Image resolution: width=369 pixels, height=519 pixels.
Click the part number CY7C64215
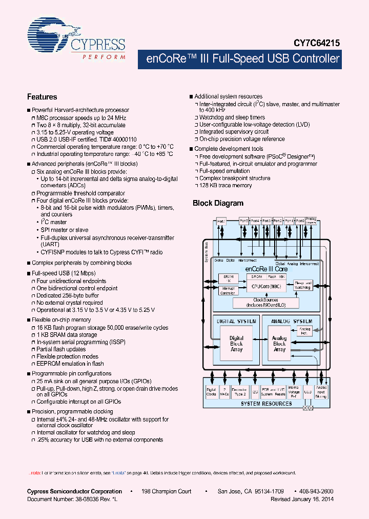point(317,44)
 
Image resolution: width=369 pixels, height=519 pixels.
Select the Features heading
point(42,96)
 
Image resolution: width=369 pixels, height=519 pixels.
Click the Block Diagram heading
point(218,203)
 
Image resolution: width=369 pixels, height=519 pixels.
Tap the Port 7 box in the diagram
point(221,221)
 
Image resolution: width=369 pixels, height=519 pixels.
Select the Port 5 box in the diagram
point(244,221)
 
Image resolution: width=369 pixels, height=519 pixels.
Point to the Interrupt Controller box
point(228,291)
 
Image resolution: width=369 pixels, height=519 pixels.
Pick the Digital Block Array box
point(236,344)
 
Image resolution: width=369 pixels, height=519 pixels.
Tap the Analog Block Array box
point(279,344)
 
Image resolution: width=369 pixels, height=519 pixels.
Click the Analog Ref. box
point(304,331)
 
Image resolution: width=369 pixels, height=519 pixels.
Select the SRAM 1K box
point(228,278)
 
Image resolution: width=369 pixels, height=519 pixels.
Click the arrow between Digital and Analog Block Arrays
point(258,340)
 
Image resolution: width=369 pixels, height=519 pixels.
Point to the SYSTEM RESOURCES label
point(266,404)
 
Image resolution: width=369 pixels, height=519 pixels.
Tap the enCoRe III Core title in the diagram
point(267,269)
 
